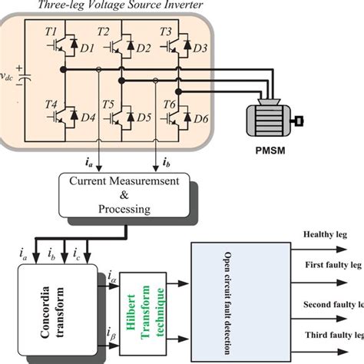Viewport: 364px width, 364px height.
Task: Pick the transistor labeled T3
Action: pyautogui.click(x=179, y=48)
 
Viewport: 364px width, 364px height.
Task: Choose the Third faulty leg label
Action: pyautogui.click(x=330, y=336)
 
